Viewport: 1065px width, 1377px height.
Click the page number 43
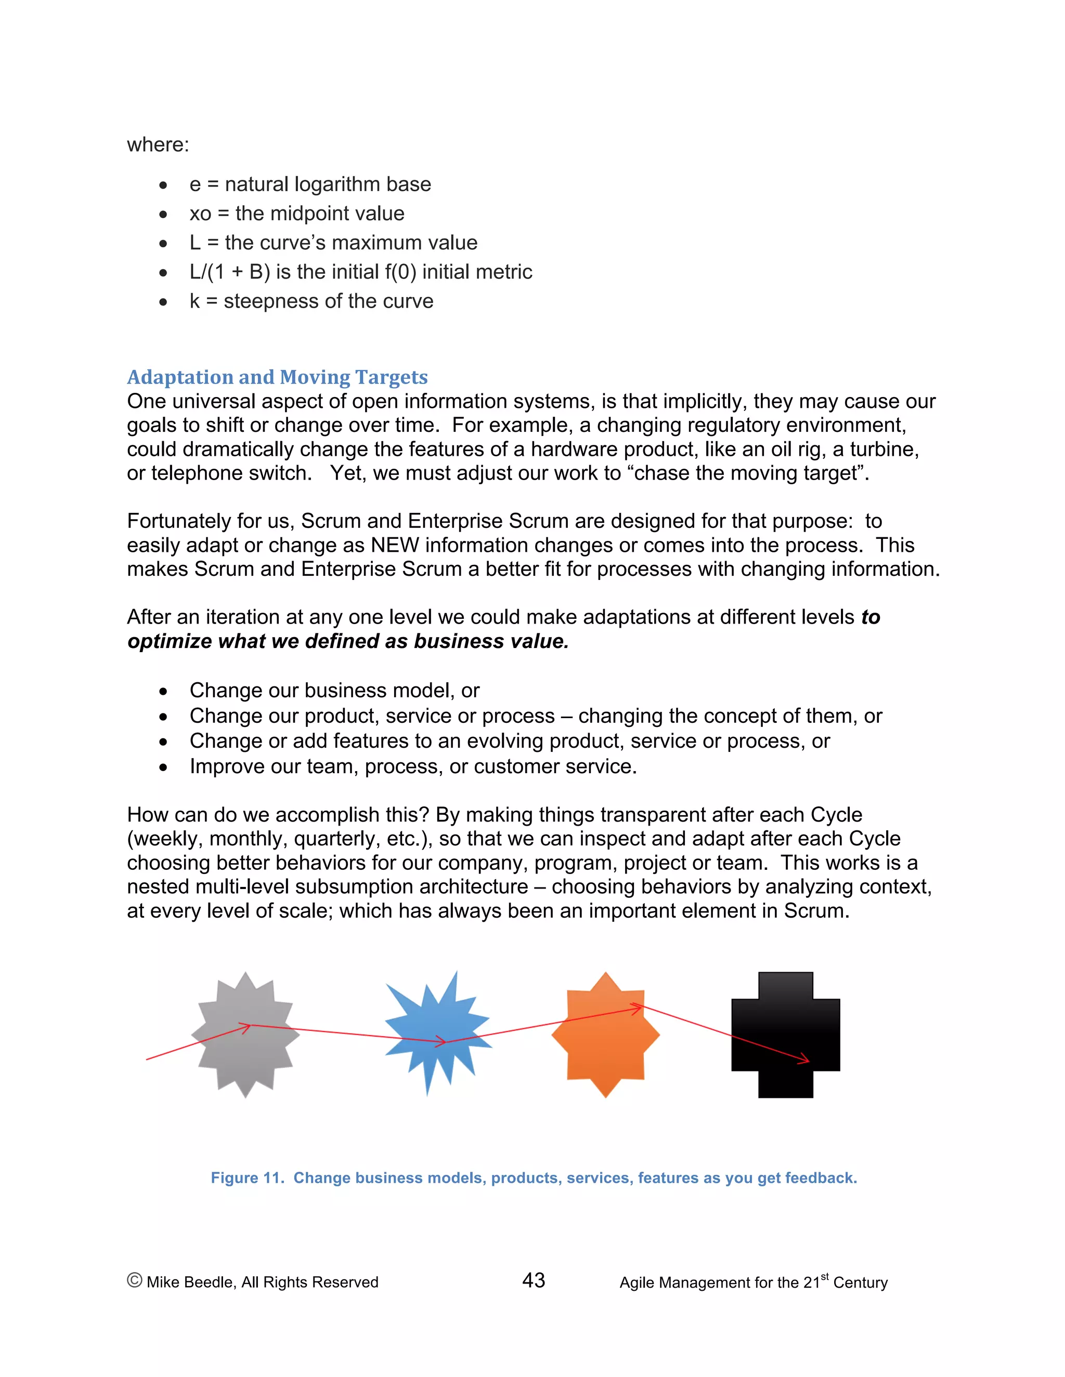point(534,1280)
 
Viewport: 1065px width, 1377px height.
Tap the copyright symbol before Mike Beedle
point(134,1280)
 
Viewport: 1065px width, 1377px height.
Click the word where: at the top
point(158,145)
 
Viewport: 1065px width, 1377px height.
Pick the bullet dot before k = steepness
point(163,302)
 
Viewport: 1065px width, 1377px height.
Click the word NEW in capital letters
point(394,545)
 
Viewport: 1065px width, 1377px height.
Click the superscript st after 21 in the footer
point(825,1276)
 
